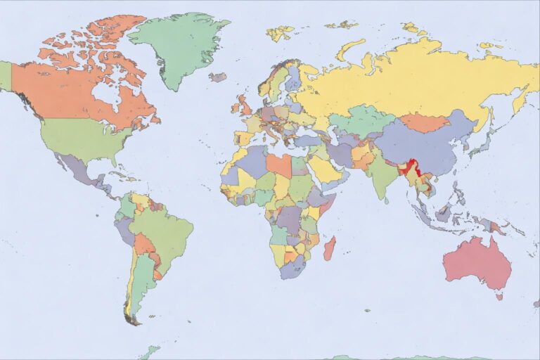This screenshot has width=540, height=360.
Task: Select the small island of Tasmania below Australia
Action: [499, 297]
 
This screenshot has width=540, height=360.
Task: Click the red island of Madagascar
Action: [329, 248]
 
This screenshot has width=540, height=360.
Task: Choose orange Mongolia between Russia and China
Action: [424, 123]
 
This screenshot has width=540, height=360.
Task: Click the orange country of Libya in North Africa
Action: [279, 166]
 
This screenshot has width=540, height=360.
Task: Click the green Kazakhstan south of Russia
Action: [360, 120]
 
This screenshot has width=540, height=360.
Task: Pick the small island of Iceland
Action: [218, 77]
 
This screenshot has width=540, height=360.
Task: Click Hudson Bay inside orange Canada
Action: [108, 93]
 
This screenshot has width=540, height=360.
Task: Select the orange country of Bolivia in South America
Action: [143, 244]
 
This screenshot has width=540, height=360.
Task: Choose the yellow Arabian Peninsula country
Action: [323, 169]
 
